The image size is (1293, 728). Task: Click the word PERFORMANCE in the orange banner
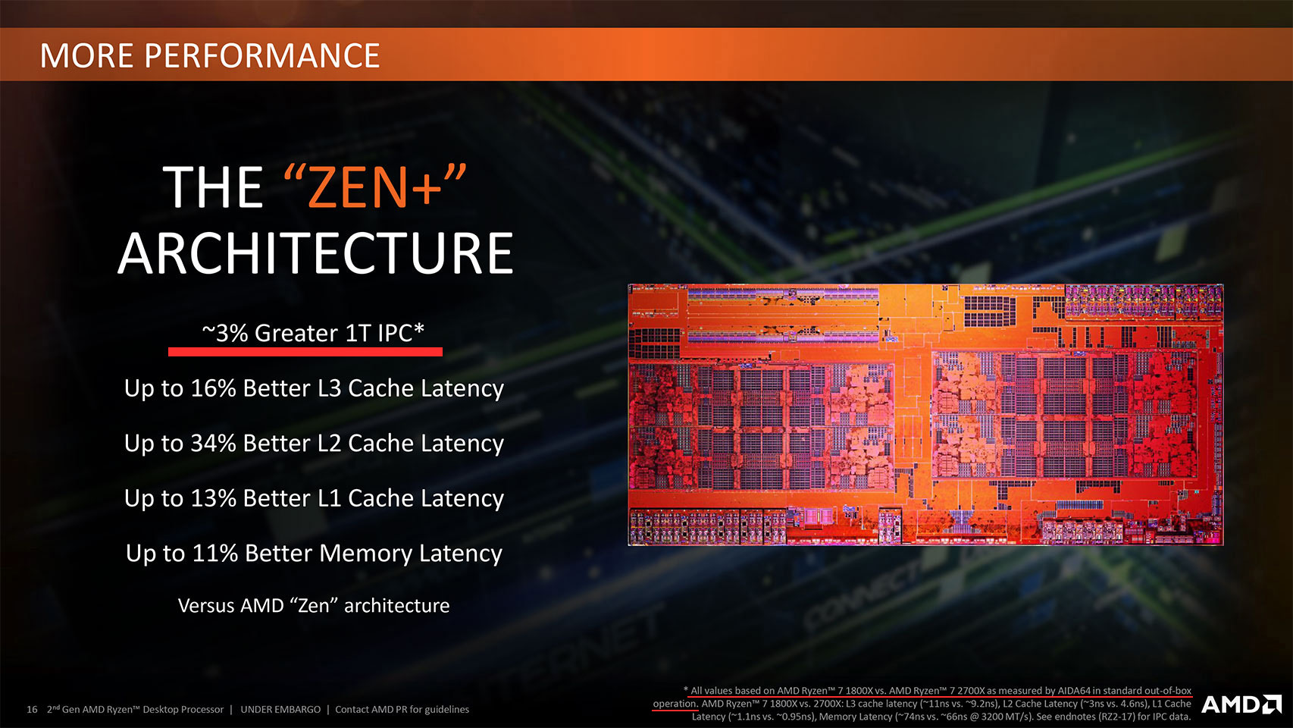[x=261, y=55]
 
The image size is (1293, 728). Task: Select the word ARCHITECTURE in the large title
[x=316, y=253]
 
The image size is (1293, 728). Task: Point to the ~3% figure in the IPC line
[x=224, y=333]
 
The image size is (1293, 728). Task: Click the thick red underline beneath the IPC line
[x=305, y=351]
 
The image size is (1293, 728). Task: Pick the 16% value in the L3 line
[x=213, y=388]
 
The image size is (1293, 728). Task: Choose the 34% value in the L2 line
[x=213, y=443]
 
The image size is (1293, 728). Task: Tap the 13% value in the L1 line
[x=213, y=498]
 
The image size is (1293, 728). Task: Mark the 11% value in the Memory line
[x=214, y=553]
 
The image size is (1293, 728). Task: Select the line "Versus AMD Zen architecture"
[x=314, y=605]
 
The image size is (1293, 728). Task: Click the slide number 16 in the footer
[x=33, y=710]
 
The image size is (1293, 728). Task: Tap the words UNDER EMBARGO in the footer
[x=280, y=710]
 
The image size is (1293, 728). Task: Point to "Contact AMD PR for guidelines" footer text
[x=402, y=710]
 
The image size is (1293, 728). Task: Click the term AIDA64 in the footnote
[x=1074, y=690]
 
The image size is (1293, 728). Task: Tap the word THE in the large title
[x=213, y=187]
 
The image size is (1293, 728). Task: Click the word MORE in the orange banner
[x=86, y=55]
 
